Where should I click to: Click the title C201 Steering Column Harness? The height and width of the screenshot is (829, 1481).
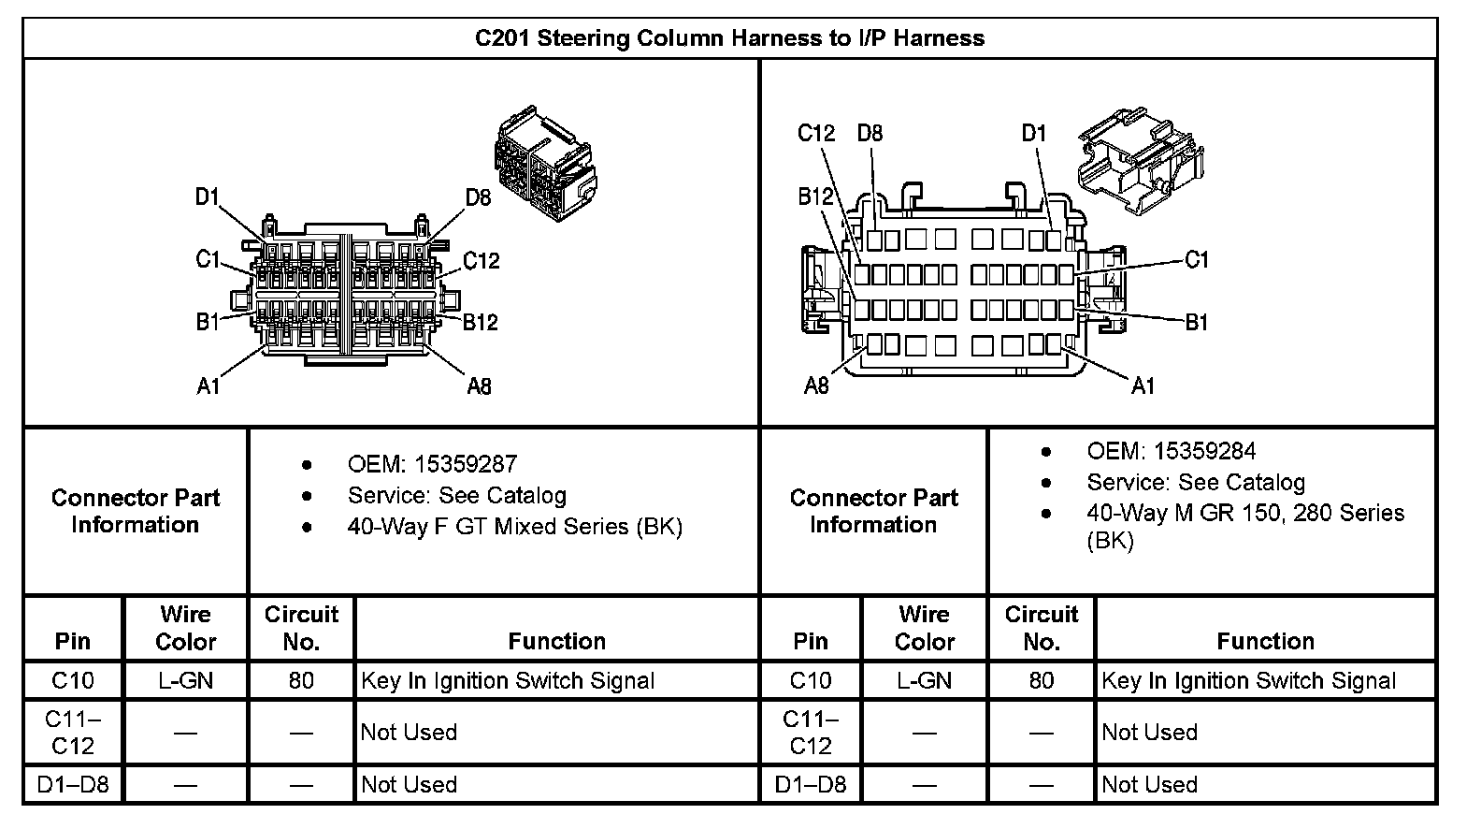tap(729, 38)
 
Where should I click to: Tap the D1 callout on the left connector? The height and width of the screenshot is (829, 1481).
tap(207, 196)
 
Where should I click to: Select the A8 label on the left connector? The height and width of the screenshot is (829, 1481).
tap(479, 385)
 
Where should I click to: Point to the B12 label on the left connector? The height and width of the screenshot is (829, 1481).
tap(481, 322)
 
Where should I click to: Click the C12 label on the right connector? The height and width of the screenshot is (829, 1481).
tap(815, 133)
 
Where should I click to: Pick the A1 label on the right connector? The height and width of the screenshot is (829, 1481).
tap(1143, 385)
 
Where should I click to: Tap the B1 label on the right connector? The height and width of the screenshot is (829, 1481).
tap(1197, 323)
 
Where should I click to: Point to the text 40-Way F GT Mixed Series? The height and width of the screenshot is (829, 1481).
tap(515, 527)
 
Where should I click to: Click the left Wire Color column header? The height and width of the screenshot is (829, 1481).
tap(185, 628)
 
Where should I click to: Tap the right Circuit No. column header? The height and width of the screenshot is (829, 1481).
tap(1041, 628)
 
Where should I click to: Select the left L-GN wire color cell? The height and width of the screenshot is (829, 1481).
tap(185, 680)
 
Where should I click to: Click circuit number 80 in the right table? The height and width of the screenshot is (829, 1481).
tap(1041, 680)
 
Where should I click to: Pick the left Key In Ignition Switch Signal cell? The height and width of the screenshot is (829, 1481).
tap(508, 680)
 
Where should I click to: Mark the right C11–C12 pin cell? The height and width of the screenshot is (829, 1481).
tap(810, 732)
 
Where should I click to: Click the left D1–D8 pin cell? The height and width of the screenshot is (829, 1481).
tap(73, 784)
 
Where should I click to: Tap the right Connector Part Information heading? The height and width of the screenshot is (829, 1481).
tap(873, 511)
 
